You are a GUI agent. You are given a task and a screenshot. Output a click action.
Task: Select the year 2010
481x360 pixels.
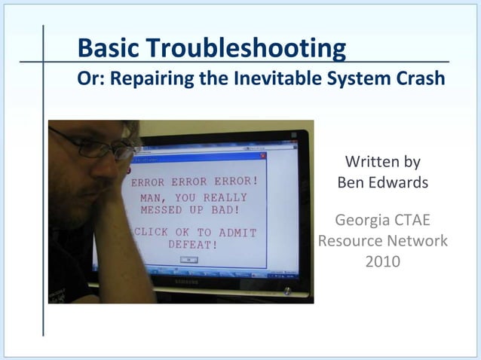click(x=382, y=261)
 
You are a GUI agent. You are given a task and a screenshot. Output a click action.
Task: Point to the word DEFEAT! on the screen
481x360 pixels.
click(x=193, y=246)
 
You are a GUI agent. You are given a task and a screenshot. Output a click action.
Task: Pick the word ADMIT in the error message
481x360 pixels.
click(x=237, y=233)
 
